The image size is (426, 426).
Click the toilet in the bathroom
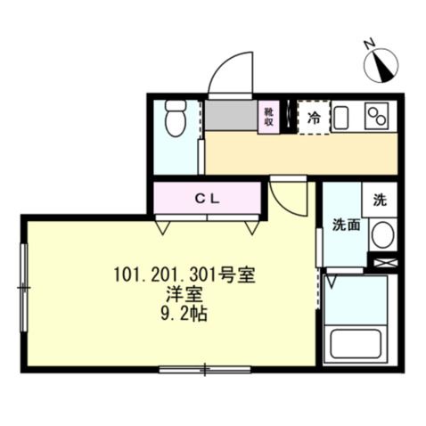point(175,120)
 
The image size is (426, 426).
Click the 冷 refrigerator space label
point(314,117)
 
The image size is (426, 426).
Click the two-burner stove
point(379,117)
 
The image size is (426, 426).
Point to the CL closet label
point(208,197)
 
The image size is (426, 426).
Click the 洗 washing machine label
point(381,200)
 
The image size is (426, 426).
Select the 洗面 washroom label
point(347,225)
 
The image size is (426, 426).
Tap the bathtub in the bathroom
point(356,344)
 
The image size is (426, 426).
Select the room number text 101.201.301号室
point(185,275)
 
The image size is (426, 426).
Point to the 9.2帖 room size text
point(186,315)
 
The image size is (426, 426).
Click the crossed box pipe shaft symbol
point(386,264)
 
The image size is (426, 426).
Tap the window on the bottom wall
point(202,368)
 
